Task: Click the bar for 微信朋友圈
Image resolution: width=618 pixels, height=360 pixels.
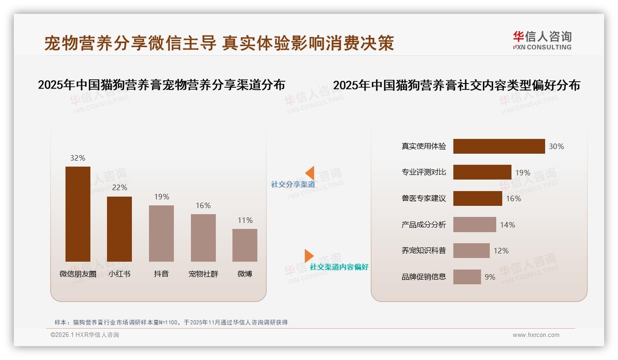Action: [78, 214]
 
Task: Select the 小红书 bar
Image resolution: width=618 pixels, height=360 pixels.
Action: [119, 229]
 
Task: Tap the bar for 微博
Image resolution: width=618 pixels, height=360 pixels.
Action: [245, 245]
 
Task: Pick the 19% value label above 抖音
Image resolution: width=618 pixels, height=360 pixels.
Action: [161, 197]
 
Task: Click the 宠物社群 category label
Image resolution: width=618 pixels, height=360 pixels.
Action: [203, 274]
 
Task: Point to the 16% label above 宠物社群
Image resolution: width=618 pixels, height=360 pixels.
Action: [203, 205]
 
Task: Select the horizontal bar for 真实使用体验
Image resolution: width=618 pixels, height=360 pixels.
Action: [499, 146]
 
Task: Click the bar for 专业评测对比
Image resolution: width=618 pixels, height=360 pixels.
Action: [482, 172]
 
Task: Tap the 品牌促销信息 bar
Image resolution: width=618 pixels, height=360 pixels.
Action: [467, 277]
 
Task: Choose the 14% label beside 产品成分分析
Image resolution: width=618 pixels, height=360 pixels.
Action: [507, 225]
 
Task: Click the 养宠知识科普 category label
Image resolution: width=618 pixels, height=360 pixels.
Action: [423, 251]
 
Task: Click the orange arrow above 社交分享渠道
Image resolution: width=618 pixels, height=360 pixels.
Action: [310, 173]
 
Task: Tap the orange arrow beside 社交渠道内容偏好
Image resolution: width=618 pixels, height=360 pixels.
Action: [309, 256]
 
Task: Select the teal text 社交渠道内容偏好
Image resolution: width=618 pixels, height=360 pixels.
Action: [339, 267]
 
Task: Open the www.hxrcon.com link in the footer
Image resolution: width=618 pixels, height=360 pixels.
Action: [536, 335]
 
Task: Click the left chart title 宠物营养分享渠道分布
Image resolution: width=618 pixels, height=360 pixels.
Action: [161, 85]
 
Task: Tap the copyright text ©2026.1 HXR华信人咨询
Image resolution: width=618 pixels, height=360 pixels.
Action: [85, 335]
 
